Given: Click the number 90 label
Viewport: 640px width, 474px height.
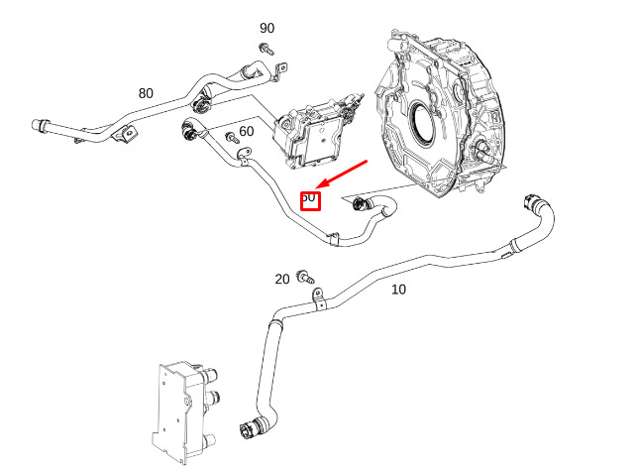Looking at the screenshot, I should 267,28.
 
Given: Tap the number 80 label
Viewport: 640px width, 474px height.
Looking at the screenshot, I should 146,93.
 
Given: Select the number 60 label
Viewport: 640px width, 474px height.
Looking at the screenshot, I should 246,131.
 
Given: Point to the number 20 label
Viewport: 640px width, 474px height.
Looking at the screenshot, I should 282,280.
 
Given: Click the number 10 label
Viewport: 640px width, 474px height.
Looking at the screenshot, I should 398,290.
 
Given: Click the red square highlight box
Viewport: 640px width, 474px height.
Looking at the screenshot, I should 309,199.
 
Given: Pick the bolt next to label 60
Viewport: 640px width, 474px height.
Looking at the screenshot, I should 231,136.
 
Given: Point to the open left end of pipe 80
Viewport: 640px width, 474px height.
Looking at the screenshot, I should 37,126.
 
